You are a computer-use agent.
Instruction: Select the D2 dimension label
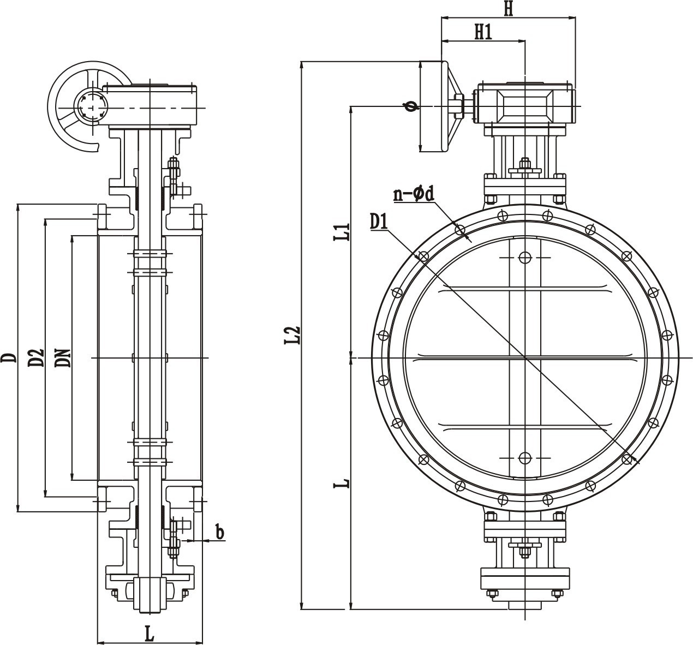click(36, 358)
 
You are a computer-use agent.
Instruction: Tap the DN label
click(63, 358)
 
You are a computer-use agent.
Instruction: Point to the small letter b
click(219, 532)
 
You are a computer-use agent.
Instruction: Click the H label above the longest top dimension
click(509, 9)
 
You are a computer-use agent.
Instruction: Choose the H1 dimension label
click(483, 32)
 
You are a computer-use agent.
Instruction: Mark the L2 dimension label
click(292, 335)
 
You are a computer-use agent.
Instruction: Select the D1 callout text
click(379, 222)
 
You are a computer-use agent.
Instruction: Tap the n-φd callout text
click(414, 194)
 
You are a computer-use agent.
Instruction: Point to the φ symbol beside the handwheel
click(411, 106)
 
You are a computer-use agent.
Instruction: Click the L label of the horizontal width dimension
click(150, 634)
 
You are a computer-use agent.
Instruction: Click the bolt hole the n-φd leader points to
click(460, 230)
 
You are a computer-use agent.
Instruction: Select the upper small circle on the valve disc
click(525, 258)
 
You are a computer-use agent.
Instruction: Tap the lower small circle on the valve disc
click(525, 458)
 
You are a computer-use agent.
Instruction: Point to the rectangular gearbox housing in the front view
click(524, 106)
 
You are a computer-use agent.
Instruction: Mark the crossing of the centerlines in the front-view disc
click(525, 357)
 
